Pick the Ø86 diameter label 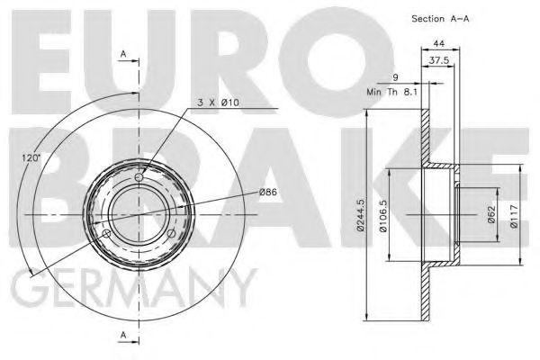pyautogui.click(x=267, y=192)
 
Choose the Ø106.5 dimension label pyautogui.click(x=383, y=216)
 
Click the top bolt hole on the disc pyautogui.click(x=139, y=178)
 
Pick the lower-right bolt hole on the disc pyautogui.click(x=171, y=235)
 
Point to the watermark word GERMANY pyautogui.click(x=135, y=290)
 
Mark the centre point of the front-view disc pyautogui.click(x=139, y=216)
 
